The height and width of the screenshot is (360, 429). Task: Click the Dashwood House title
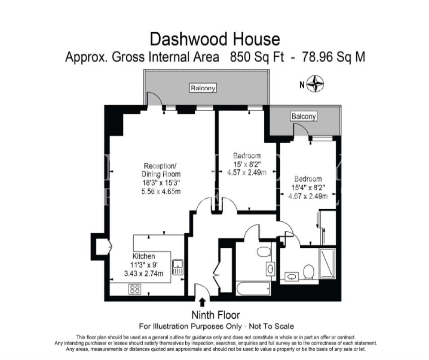pyautogui.click(x=215, y=39)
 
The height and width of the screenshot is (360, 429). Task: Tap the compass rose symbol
pyautogui.click(x=315, y=84)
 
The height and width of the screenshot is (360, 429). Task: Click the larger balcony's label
pyautogui.click(x=203, y=88)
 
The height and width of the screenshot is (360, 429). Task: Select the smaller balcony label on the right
pyautogui.click(x=303, y=116)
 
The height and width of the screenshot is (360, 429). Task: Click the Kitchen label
pyautogui.click(x=144, y=256)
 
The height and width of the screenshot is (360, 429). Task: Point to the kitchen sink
pyautogui.click(x=178, y=267)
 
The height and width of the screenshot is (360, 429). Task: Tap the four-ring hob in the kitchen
pyautogui.click(x=135, y=290)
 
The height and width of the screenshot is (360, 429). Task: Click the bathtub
pyautogui.click(x=254, y=288)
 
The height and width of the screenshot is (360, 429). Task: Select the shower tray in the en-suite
pyautogui.click(x=328, y=263)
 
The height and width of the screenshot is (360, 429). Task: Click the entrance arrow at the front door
pyautogui.click(x=202, y=302)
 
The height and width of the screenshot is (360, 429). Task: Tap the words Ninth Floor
pyautogui.click(x=215, y=315)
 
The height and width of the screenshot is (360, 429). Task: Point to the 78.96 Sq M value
pyautogui.click(x=333, y=57)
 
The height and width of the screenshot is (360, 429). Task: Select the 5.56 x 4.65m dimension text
pyautogui.click(x=161, y=191)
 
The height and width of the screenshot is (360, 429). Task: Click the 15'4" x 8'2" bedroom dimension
pyautogui.click(x=308, y=188)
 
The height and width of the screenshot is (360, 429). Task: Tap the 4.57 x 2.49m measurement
pyautogui.click(x=247, y=172)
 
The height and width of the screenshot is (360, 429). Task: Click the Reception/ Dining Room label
pyautogui.click(x=161, y=170)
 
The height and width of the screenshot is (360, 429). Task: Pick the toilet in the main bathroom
pyautogui.click(x=264, y=251)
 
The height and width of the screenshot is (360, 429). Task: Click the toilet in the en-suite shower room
pyautogui.click(x=309, y=272)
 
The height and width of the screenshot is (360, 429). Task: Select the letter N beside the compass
pyautogui.click(x=302, y=85)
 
